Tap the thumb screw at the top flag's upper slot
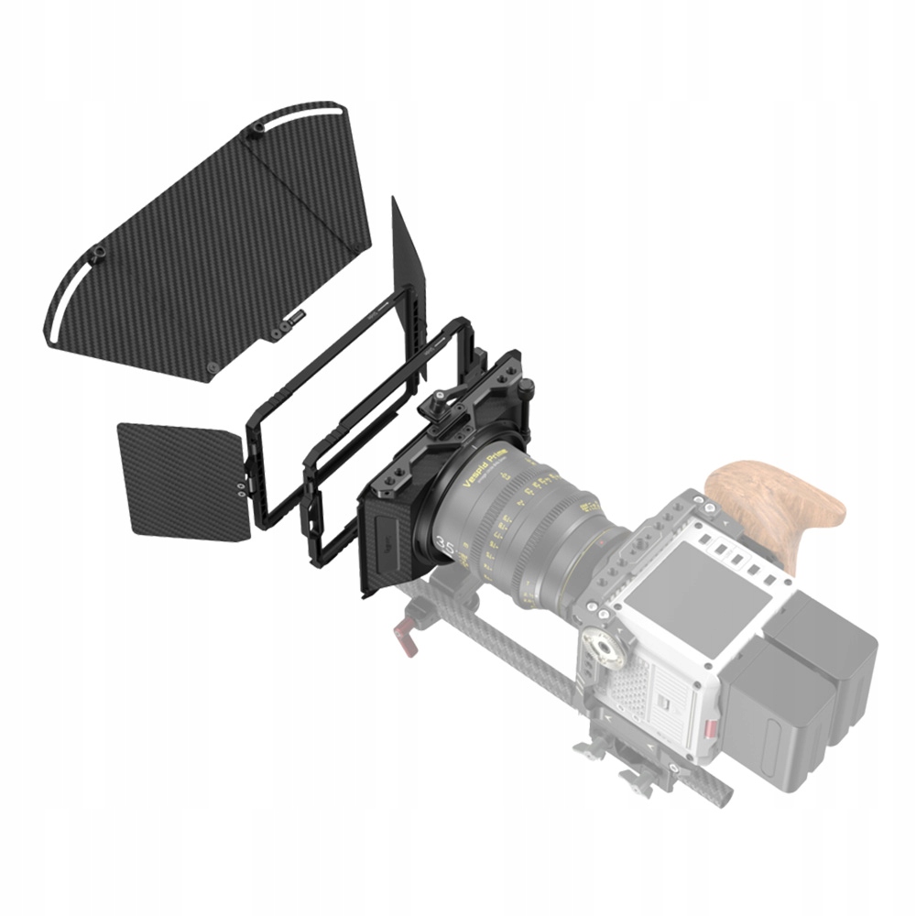pyautogui.click(x=254, y=135)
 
